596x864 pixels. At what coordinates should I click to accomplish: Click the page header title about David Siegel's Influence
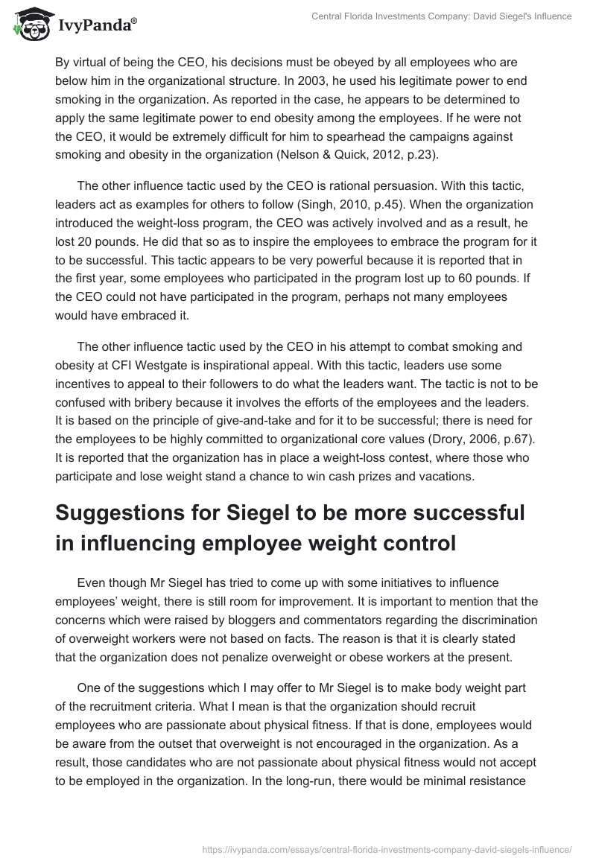click(441, 16)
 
